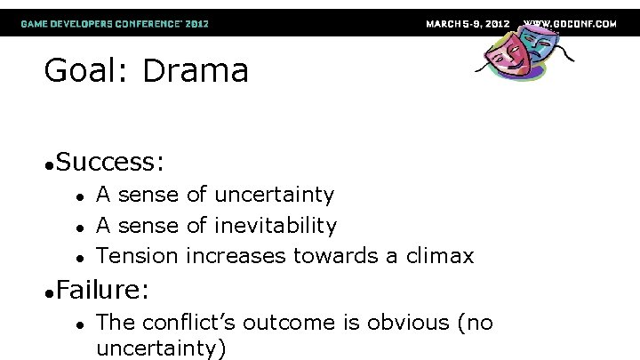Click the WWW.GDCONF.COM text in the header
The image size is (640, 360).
570,23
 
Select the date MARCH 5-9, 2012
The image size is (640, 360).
468,23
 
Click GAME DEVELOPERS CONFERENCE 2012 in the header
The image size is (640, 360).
115,23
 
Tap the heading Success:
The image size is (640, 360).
109,162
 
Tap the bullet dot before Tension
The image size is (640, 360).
79,258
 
